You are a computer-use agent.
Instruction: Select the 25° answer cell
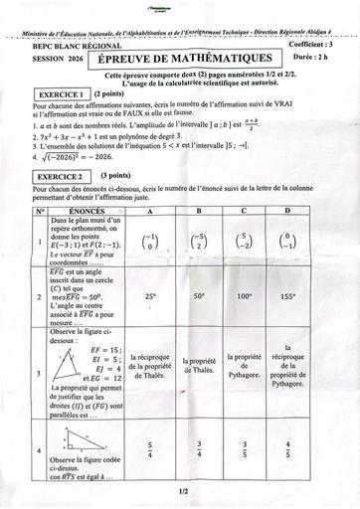coord(150,295)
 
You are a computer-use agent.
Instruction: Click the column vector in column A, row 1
coord(150,242)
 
